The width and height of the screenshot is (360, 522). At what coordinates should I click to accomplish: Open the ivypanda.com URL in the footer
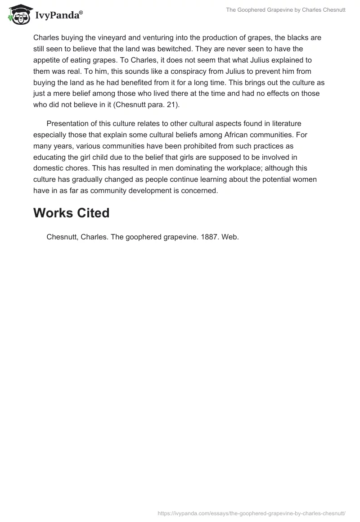(251, 512)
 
